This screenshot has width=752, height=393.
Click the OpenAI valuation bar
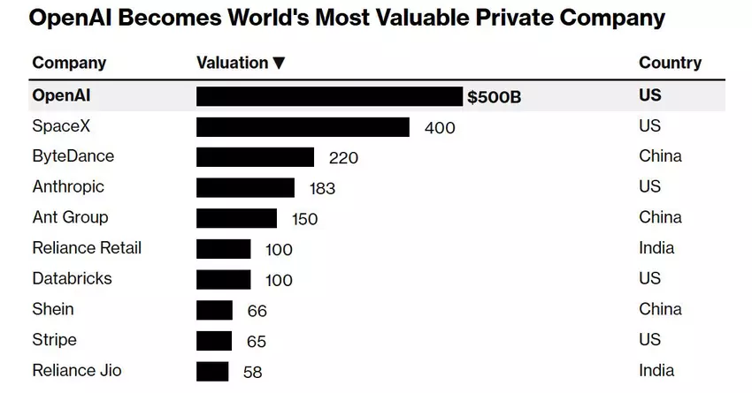[x=328, y=96]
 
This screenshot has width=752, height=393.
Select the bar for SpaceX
[x=303, y=127]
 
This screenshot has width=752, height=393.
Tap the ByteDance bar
[x=255, y=157]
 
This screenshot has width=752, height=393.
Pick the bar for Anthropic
[x=245, y=188]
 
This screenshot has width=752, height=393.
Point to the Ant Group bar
[x=236, y=218]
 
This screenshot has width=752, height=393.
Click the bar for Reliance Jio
[x=212, y=372]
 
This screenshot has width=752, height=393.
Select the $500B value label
[x=495, y=97]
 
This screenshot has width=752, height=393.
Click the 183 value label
[x=323, y=189]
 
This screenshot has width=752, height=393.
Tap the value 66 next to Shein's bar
[x=257, y=311]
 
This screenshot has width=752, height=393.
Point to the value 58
[x=252, y=373]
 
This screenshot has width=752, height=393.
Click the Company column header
[x=69, y=63]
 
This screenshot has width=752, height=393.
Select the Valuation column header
[x=232, y=63]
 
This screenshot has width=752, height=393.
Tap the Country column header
[x=670, y=63]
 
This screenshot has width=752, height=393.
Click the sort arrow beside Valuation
[x=279, y=63]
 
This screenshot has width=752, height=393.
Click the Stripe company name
[x=54, y=340]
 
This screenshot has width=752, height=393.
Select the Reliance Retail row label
[x=87, y=248]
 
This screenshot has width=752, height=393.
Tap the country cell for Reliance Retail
[x=656, y=248]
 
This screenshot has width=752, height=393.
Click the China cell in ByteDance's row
[x=660, y=156]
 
